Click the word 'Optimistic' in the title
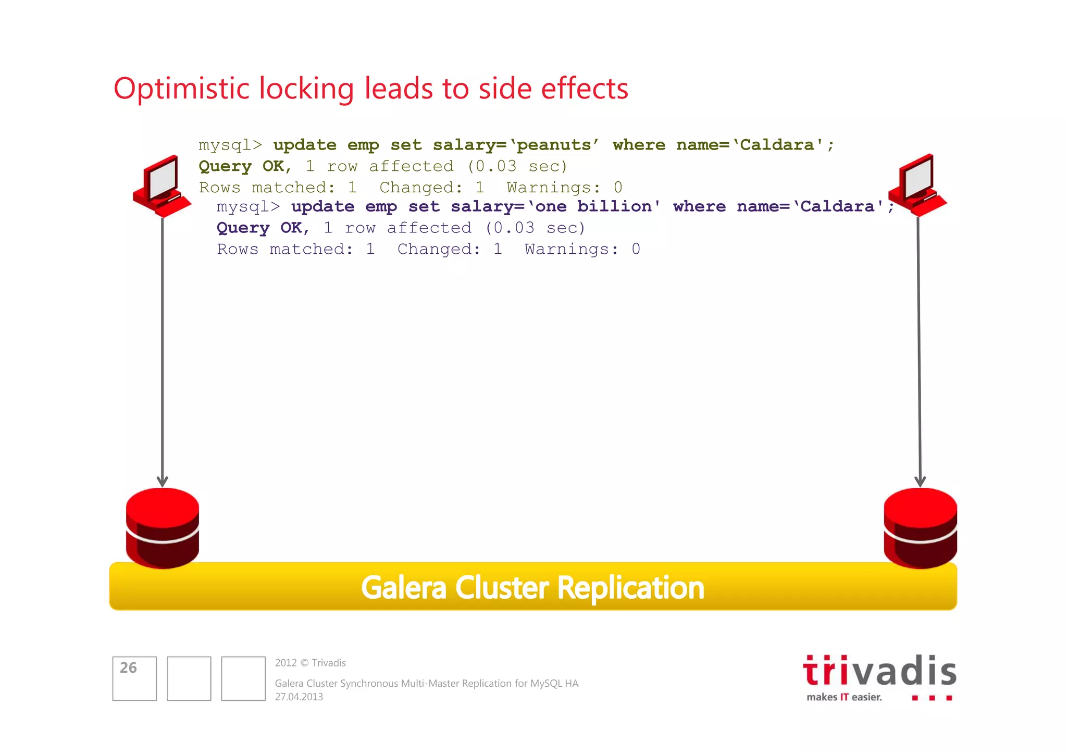click(x=181, y=89)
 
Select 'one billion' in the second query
click(x=593, y=206)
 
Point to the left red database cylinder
click(x=163, y=527)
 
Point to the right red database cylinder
click(x=920, y=527)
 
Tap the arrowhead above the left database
click(x=163, y=480)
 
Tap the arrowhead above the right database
click(x=920, y=480)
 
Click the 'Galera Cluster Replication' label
click(x=532, y=588)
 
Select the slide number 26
click(x=128, y=668)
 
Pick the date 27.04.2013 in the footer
click(x=299, y=697)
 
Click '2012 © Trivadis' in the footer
click(x=311, y=663)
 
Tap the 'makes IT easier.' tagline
click(x=844, y=697)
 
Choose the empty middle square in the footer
click(x=189, y=678)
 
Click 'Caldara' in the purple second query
click(x=837, y=206)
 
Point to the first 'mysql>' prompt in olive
click(x=230, y=145)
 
